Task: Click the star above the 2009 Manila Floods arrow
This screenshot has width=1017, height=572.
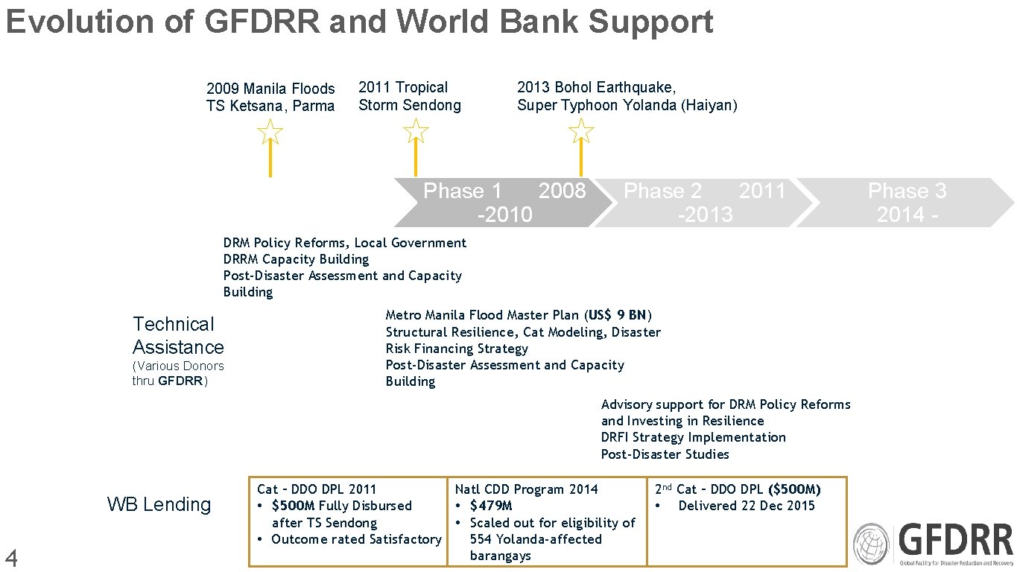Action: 270,133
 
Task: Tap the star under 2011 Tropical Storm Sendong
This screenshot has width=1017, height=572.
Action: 416,132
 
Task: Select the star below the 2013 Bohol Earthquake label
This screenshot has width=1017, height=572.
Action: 581,132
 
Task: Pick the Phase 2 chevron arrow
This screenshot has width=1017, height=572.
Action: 697,203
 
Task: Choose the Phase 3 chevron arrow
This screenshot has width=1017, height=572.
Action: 906,203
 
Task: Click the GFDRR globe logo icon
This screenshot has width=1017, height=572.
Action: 871,543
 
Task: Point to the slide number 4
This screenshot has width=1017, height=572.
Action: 11,557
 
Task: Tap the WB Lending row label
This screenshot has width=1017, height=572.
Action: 159,504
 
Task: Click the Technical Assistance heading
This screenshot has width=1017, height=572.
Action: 177,335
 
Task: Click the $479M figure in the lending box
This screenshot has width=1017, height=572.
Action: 490,506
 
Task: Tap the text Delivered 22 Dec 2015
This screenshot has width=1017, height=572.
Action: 747,506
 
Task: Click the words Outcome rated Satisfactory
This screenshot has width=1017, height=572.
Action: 356,539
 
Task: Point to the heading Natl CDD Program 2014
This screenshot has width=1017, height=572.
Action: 526,489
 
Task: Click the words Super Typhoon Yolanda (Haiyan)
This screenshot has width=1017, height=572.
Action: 627,105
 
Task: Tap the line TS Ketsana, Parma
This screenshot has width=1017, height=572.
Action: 270,106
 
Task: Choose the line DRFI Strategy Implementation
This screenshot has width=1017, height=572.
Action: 693,437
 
